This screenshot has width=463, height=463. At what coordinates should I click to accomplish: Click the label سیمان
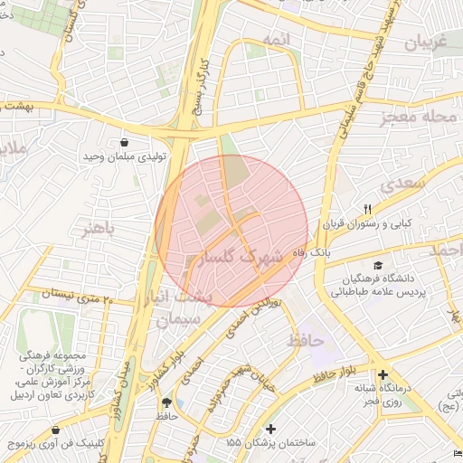[175, 320]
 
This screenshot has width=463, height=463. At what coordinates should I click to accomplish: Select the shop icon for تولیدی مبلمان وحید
[124, 142]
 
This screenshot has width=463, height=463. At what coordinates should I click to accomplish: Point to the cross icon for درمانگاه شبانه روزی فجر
[383, 374]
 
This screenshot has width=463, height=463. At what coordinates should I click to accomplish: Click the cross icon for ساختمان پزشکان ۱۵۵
[270, 428]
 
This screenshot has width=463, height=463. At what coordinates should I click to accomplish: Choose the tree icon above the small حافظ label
[165, 402]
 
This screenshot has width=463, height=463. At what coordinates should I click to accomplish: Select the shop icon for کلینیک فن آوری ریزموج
[57, 430]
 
